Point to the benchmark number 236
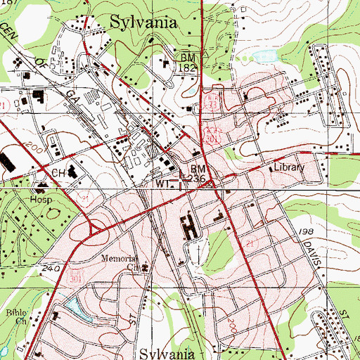198,179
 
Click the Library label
288,168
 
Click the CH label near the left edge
57,172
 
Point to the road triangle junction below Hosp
94,229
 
